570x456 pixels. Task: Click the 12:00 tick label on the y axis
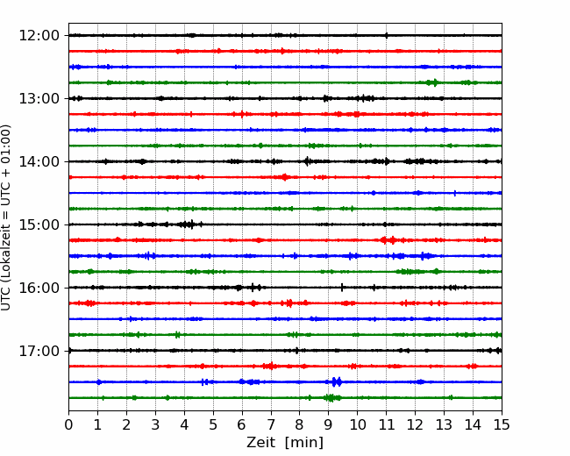pyautogui.click(x=39, y=36)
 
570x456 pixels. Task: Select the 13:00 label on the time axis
pyautogui.click(x=39, y=98)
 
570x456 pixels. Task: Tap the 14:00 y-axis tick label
pyautogui.click(x=39, y=161)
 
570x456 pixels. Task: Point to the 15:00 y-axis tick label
pyautogui.click(x=39, y=224)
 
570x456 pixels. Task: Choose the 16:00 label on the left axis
pyautogui.click(x=39, y=288)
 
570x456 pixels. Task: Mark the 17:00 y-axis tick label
pyautogui.click(x=39, y=351)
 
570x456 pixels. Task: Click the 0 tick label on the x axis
pyautogui.click(x=68, y=424)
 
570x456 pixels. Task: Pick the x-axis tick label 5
pyautogui.click(x=213, y=424)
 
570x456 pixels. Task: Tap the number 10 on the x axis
pyautogui.click(x=357, y=424)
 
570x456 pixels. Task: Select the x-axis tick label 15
pyautogui.click(x=502, y=424)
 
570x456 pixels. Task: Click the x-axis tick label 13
pyautogui.click(x=444, y=424)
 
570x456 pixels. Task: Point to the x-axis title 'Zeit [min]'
pyautogui.click(x=285, y=443)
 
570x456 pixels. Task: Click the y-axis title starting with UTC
pyautogui.click(x=6, y=217)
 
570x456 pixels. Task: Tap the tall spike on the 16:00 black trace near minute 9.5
pyautogui.click(x=342, y=288)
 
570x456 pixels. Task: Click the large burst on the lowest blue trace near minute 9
pyautogui.click(x=337, y=381)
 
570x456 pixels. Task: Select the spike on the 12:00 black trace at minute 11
pyautogui.click(x=386, y=35)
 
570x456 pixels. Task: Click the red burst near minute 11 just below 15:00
pyautogui.click(x=388, y=240)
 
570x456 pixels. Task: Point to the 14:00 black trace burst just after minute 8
pyautogui.click(x=308, y=161)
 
